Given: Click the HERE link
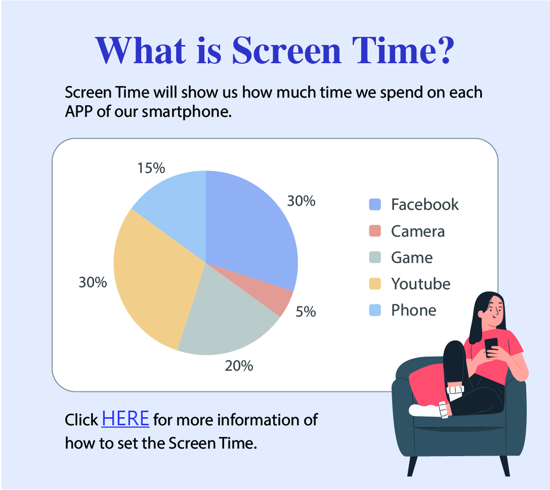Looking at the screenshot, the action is pos(125,419).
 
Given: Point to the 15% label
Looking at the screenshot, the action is pos(151,168).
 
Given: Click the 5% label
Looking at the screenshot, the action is pos(306,311).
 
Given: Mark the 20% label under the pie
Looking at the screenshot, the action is pos(239,366).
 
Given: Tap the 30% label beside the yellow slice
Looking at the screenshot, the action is pos(93,283).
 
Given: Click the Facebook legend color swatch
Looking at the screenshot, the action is pos(375,204).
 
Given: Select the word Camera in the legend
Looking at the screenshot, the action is pos(418,231).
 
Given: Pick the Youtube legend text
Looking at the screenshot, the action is pos(421,284).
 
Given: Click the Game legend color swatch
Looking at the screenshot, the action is pos(375,257).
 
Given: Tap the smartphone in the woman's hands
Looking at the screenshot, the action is pos(491,347).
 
